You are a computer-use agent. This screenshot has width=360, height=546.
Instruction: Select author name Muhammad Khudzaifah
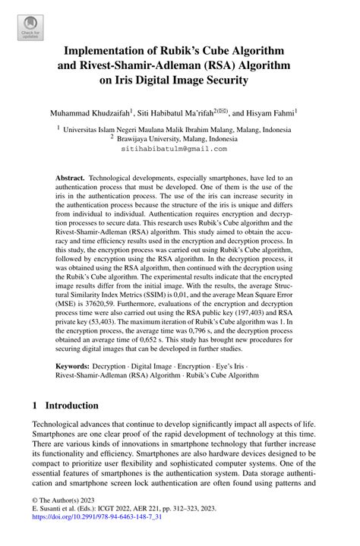click(90, 112)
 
